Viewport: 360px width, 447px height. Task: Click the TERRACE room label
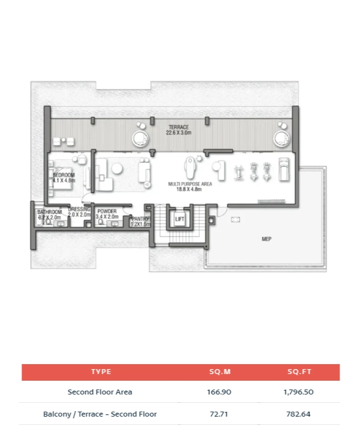tap(178, 127)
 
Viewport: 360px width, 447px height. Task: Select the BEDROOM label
tap(63, 175)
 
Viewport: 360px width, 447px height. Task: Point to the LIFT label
tap(179, 219)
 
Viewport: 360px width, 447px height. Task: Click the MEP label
tap(267, 239)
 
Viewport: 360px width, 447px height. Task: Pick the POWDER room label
tap(107, 211)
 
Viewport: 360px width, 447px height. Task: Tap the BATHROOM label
tap(49, 212)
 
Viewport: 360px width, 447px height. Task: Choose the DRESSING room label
tap(79, 209)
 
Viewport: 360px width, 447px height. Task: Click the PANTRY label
tap(141, 219)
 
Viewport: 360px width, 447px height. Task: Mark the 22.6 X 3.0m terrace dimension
tap(178, 133)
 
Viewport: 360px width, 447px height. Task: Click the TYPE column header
tap(100, 372)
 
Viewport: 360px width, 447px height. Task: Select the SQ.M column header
tap(220, 372)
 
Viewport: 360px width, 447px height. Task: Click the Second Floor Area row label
tap(100, 392)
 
